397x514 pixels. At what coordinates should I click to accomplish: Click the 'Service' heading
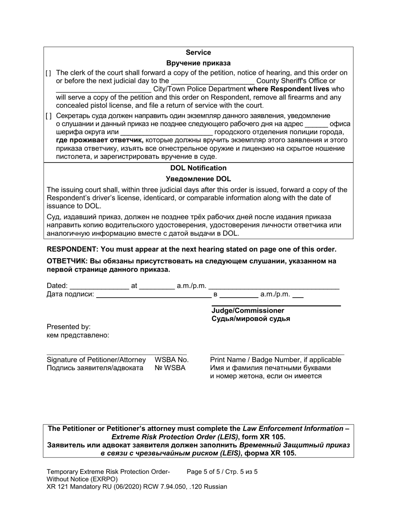[198, 53]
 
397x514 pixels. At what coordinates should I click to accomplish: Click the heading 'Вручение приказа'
[198, 64]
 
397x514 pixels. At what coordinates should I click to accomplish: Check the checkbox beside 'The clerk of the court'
[48, 73]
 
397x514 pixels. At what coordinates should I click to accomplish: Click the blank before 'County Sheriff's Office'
[213, 81]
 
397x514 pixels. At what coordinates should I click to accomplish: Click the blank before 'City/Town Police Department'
[103, 89]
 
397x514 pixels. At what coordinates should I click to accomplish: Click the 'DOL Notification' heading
[198, 168]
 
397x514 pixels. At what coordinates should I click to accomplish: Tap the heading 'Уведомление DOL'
[198, 179]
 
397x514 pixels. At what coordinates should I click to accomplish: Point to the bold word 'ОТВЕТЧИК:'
[67, 261]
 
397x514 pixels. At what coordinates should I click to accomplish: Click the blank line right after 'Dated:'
[99, 286]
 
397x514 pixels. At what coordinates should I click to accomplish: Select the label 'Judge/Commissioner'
[248, 310]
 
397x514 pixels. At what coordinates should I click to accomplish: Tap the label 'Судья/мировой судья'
[251, 319]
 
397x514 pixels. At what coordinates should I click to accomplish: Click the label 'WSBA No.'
[171, 360]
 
